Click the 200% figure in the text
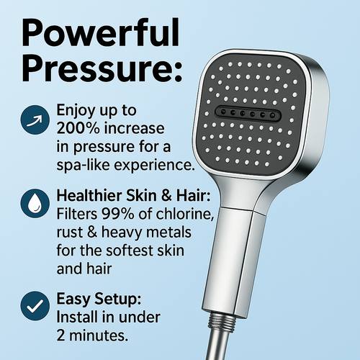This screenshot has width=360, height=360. (76, 129)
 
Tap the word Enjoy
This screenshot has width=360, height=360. (77, 112)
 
